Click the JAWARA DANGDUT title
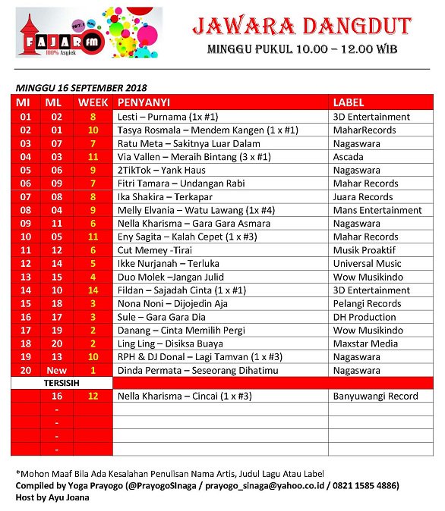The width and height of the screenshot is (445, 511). [x=301, y=27]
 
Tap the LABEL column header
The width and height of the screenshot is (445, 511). [x=349, y=102]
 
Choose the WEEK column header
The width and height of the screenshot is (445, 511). [x=93, y=102]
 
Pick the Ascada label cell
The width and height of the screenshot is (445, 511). [x=350, y=157]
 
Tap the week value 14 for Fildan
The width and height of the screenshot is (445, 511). [x=93, y=290]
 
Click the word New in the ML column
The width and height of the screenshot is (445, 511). [x=57, y=370]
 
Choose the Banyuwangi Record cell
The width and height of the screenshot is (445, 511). [x=376, y=397]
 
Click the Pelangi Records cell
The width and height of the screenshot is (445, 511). [x=367, y=303]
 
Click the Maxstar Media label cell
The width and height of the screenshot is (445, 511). [x=365, y=343]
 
